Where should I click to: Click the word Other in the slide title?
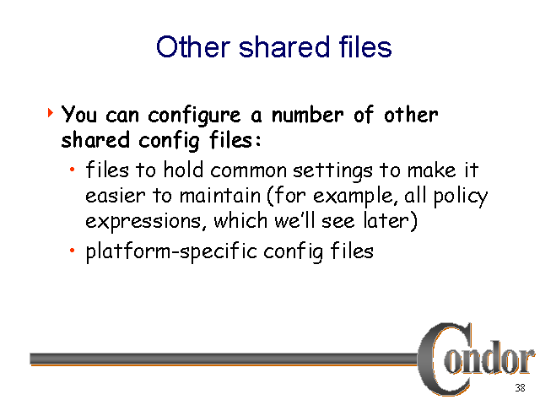coord(193,46)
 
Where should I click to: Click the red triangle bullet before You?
coord(51,112)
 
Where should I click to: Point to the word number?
coord(307,115)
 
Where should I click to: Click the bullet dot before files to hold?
coord(72,169)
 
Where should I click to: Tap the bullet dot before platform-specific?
coord(72,251)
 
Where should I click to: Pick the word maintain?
coord(220,196)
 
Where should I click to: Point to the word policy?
coord(461,197)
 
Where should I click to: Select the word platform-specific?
coord(171,251)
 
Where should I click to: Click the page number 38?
coord(520,388)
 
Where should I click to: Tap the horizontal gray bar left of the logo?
coord(224,359)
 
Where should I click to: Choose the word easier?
coord(116,197)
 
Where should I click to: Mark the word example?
coord(353,197)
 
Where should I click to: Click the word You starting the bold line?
coord(79,115)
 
